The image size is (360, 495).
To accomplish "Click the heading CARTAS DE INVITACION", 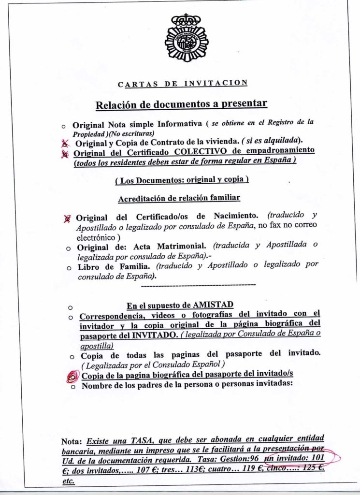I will click(183, 84).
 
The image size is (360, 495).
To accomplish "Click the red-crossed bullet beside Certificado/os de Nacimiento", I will click(68, 218).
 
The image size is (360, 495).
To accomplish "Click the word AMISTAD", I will click(213, 305).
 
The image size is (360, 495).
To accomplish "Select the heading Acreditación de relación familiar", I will click(179, 199).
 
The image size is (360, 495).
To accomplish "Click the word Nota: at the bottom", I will click(73, 442).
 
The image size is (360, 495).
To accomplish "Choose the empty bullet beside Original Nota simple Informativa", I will click(64, 126).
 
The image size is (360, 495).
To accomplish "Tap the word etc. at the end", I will click(68, 482).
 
